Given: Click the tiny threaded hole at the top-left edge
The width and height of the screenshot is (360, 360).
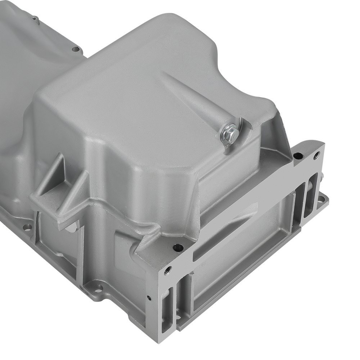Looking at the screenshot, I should coord(34,18).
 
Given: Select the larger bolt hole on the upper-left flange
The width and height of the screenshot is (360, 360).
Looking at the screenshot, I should coord(75,49).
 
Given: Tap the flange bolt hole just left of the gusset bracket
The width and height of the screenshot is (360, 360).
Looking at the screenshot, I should coord(27,227).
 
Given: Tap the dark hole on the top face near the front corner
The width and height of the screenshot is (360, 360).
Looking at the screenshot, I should coord(178,247).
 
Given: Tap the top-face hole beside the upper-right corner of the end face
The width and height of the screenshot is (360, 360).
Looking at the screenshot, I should coord(298,156).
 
